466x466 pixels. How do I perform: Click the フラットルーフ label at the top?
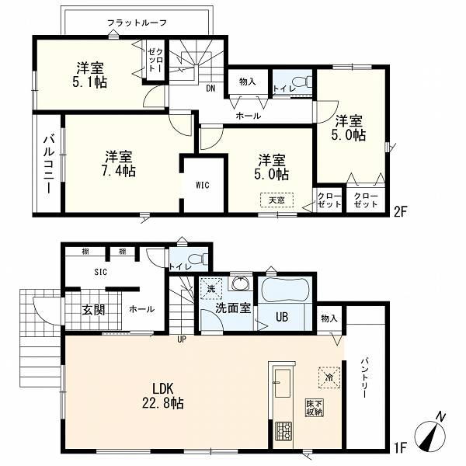[x=137, y=23]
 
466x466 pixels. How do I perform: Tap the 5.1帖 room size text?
[x=90, y=82]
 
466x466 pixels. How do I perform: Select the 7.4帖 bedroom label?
[x=119, y=171]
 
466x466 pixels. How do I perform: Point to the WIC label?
[x=203, y=186]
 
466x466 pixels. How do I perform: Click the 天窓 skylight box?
[x=277, y=200]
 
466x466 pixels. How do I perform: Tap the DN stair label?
[x=210, y=89]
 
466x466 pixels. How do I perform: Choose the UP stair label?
[x=182, y=339]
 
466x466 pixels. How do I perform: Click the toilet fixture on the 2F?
[x=302, y=82]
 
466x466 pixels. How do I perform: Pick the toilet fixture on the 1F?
[x=199, y=259]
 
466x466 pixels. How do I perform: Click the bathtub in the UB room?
[x=285, y=290]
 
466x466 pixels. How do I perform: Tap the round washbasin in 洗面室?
[x=241, y=283]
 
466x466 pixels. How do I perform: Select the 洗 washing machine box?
[x=211, y=288]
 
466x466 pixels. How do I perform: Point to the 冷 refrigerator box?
[x=329, y=377]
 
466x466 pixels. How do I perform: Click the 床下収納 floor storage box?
[x=315, y=408]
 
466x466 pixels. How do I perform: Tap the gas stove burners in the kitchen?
[x=283, y=431]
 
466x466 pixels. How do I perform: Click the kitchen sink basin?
[x=283, y=383]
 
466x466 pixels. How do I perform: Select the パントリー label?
[x=365, y=378]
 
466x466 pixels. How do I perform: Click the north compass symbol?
[x=430, y=435]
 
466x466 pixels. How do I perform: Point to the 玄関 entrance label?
[x=94, y=310]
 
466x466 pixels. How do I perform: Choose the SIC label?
[x=101, y=272]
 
